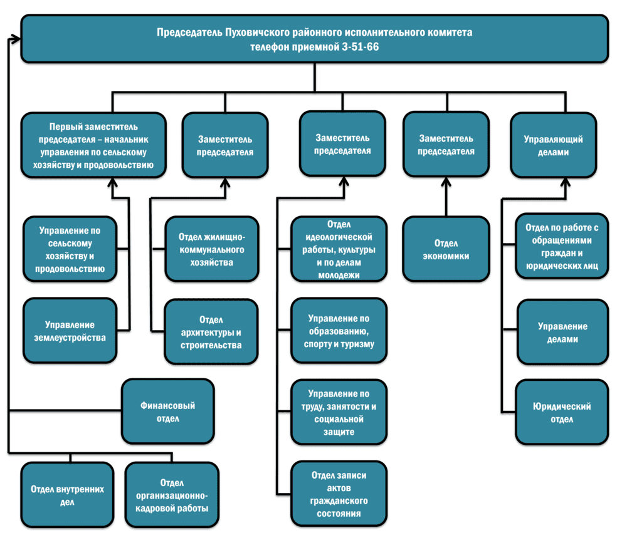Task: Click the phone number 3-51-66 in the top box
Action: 360,46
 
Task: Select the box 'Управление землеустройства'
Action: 70,331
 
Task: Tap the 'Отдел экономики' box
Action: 446,249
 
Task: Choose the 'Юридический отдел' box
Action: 562,412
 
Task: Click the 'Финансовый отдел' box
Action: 168,412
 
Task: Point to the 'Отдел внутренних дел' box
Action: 67,496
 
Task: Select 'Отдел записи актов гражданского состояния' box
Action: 339,494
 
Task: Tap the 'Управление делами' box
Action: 562,332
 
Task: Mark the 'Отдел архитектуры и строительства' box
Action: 211,331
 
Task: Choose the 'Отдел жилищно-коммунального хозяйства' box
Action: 211,249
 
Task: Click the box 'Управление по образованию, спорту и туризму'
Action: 339,331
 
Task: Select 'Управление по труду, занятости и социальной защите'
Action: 339,412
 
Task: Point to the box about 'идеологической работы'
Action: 339,249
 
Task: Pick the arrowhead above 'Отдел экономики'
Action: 446,182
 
